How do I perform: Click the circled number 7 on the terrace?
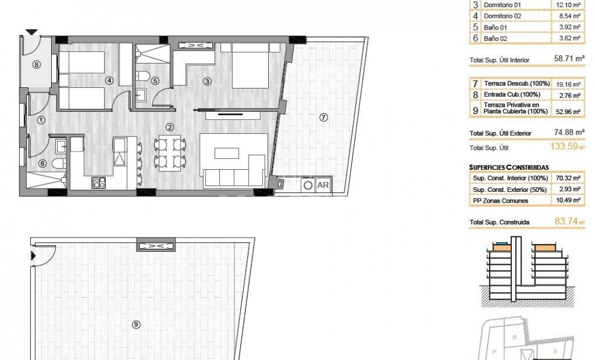323,118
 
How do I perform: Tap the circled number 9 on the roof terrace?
136,324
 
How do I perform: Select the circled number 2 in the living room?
169,128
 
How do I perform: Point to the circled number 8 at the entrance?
36,65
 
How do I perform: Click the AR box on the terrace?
323,185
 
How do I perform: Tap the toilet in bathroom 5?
143,75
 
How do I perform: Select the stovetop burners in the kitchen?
98,183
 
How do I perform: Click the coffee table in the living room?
226,153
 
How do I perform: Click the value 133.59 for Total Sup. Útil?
564,146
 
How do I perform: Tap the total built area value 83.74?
566,221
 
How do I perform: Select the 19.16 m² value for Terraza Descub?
568,84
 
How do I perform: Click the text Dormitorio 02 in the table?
502,16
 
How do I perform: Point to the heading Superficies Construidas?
509,168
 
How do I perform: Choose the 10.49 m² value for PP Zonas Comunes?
568,200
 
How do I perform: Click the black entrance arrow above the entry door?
32,32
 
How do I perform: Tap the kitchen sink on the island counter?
119,151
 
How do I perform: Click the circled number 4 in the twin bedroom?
109,80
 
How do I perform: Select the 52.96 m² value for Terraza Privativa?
568,112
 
